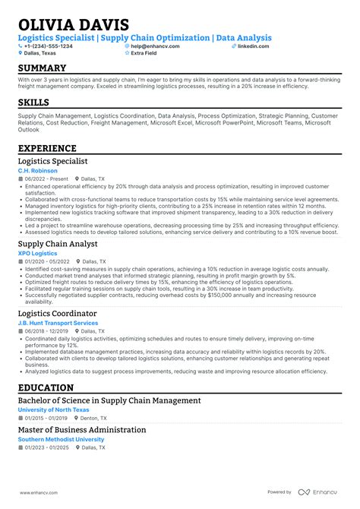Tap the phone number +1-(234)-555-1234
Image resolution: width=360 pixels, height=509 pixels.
[x=49, y=46]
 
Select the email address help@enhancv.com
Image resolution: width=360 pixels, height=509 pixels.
[x=154, y=46]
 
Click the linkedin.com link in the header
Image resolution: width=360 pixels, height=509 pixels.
[x=253, y=46]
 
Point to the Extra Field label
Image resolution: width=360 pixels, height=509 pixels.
[x=145, y=53]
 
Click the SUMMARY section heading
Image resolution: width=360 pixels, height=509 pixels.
[x=43, y=68]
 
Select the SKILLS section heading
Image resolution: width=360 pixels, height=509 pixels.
[x=33, y=102]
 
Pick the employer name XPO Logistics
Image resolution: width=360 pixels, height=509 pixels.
[x=37, y=253]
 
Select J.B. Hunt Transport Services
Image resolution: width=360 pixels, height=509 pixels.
[x=58, y=323]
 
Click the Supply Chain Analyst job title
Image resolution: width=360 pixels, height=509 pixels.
[x=58, y=244]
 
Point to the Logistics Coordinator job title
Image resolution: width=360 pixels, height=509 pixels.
[x=58, y=313]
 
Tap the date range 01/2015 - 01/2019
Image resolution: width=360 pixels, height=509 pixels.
[x=46, y=418]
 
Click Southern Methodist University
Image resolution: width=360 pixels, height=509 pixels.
[x=61, y=439]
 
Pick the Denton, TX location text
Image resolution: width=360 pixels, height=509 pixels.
[x=93, y=418]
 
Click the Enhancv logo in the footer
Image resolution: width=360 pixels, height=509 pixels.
[x=318, y=492]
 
